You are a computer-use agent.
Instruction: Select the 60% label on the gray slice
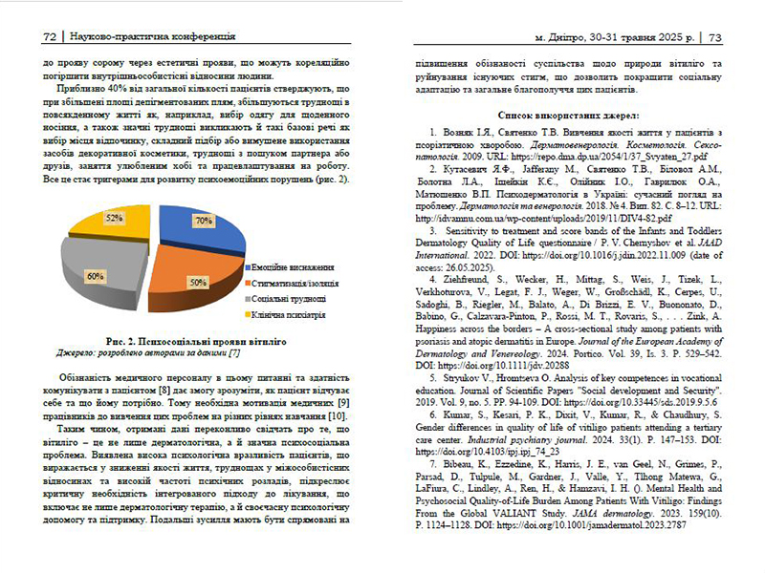(x=97, y=275)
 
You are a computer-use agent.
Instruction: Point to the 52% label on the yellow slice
(x=114, y=219)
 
